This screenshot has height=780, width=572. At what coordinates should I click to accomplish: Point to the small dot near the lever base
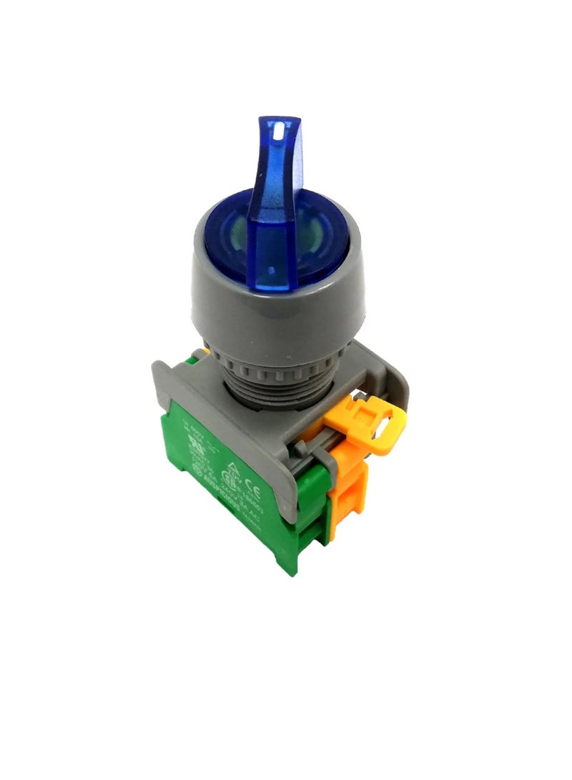pyautogui.click(x=273, y=271)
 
